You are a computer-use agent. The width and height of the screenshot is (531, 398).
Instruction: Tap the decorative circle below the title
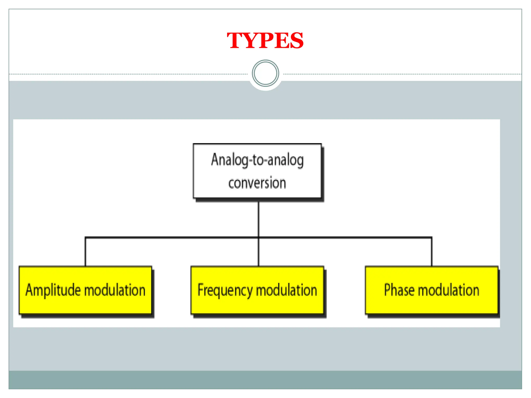tap(265, 73)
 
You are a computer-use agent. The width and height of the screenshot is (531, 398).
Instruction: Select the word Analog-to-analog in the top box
tap(257, 160)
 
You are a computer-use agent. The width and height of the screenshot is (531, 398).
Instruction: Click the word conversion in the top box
tap(257, 183)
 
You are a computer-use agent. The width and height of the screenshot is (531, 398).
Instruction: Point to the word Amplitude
tap(53, 290)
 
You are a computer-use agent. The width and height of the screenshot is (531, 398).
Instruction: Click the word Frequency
tap(225, 290)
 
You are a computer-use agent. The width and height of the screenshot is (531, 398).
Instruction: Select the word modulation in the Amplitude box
tap(115, 290)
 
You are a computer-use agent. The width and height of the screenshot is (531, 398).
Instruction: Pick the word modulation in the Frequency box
tap(287, 290)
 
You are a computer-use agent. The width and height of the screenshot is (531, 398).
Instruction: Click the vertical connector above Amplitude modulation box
tap(85, 252)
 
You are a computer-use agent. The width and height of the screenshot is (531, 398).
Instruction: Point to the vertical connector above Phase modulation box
tap(432, 252)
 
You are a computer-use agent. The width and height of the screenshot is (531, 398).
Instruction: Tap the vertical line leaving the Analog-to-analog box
tap(258, 219)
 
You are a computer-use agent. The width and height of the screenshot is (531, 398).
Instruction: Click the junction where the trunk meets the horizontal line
tap(258, 237)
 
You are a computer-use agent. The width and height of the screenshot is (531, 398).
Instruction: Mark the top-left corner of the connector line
tap(85, 237)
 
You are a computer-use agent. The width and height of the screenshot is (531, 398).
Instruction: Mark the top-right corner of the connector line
tap(432, 237)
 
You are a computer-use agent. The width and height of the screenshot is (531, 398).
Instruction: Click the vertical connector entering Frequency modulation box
tap(258, 253)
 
